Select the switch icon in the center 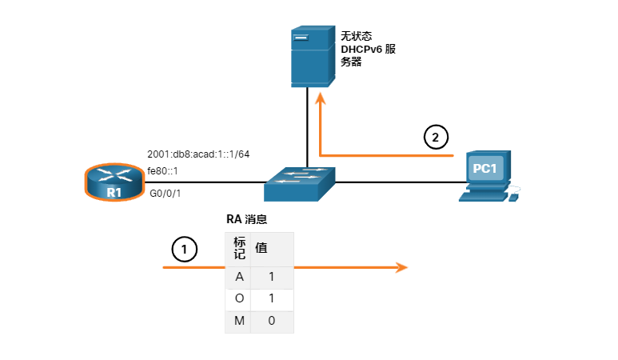[x=301, y=183]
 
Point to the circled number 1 [x=185, y=250]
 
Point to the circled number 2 [x=435, y=138]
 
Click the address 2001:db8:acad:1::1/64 [x=198, y=154]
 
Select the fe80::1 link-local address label [x=162, y=170]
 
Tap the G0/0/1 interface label [x=165, y=192]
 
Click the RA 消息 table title [x=253, y=218]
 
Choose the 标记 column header [x=238, y=248]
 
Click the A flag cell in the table [x=238, y=277]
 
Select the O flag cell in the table [x=238, y=299]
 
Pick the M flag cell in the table [x=238, y=321]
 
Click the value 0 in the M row [x=272, y=321]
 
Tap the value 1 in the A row [x=272, y=277]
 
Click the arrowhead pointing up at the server [x=320, y=98]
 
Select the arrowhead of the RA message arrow [x=402, y=267]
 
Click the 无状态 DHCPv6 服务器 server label [x=369, y=49]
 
